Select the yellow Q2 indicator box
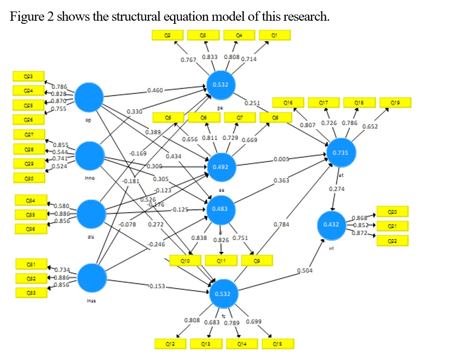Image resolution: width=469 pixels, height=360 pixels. (167, 35)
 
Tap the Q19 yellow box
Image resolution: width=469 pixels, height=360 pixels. (395, 103)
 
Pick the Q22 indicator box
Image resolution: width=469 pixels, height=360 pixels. (392, 240)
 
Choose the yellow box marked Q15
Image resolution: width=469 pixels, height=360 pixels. (278, 344)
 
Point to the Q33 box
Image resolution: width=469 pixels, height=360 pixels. (31, 292)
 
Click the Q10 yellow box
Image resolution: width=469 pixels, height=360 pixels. (186, 261)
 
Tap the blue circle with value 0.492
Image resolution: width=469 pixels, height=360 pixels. (221, 167)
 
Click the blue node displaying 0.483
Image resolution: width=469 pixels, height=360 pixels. (220, 209)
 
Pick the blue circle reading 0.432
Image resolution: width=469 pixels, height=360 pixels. (331, 225)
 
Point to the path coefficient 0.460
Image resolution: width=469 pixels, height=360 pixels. (155, 90)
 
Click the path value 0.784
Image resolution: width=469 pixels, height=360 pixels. (281, 225)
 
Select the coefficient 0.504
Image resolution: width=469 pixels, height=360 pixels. (304, 270)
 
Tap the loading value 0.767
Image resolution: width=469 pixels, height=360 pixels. (189, 60)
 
